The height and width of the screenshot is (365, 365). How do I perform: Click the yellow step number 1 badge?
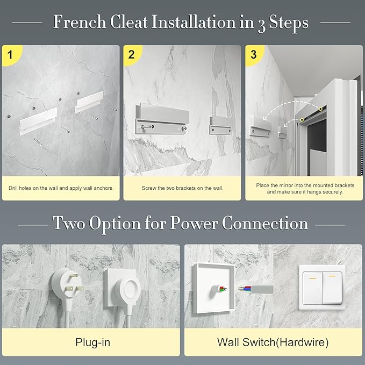tap(10, 55)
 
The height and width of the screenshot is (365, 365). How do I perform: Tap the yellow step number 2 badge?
tap(132, 55)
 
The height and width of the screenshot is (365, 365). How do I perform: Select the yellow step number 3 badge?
tap(254, 55)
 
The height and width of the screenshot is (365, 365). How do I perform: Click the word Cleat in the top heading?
tap(128, 23)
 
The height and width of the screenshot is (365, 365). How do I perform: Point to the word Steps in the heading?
tap(289, 23)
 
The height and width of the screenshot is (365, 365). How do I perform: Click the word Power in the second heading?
tap(194, 223)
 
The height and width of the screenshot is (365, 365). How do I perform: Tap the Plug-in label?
tap(92, 342)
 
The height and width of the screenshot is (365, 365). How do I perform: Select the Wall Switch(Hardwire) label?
tap(273, 342)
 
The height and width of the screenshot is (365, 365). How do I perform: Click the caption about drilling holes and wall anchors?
tap(61, 188)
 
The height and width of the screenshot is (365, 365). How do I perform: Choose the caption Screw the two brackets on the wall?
tap(183, 188)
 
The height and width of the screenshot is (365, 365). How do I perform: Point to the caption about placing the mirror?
tap(305, 189)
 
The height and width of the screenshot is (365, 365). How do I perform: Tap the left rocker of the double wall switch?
tap(312, 288)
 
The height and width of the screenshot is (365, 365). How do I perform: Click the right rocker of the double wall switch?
tap(332, 288)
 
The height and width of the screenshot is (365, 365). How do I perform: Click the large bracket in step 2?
tap(162, 119)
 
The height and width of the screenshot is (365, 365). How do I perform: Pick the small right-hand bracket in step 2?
tap(220, 126)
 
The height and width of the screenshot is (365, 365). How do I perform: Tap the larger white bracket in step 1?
tap(38, 121)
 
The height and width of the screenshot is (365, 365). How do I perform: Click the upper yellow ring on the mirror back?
tap(321, 109)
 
